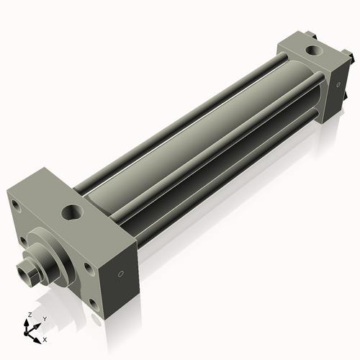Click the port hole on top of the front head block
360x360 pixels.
pyautogui.click(x=73, y=212)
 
